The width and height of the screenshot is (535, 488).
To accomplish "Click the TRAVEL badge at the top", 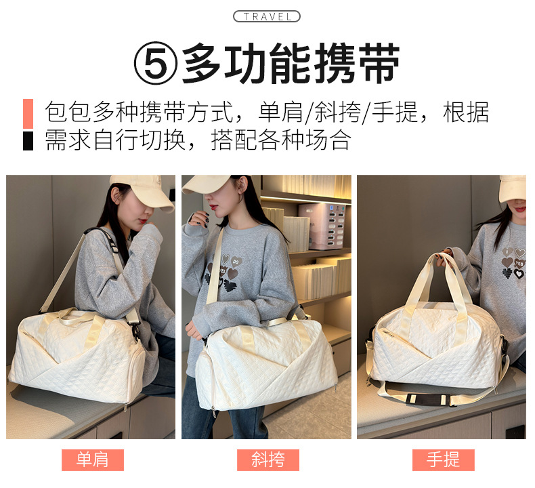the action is point(266,16).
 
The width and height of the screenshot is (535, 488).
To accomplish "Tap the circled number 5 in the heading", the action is point(156,64).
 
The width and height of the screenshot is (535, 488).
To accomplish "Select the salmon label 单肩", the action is point(93,460).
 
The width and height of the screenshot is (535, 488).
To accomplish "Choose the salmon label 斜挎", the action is point(268,460).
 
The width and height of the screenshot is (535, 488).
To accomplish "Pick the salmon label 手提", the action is point(443,460).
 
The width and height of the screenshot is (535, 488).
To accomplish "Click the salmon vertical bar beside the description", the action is point(28,114).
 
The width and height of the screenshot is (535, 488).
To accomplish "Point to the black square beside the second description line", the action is point(28,141).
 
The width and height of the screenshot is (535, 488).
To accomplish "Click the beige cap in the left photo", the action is point(144,192).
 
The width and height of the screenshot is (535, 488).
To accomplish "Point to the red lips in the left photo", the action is point(144,221).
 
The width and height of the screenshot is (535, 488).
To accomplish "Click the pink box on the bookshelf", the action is point(321,226).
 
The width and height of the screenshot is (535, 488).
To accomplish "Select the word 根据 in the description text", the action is point(466,112).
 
